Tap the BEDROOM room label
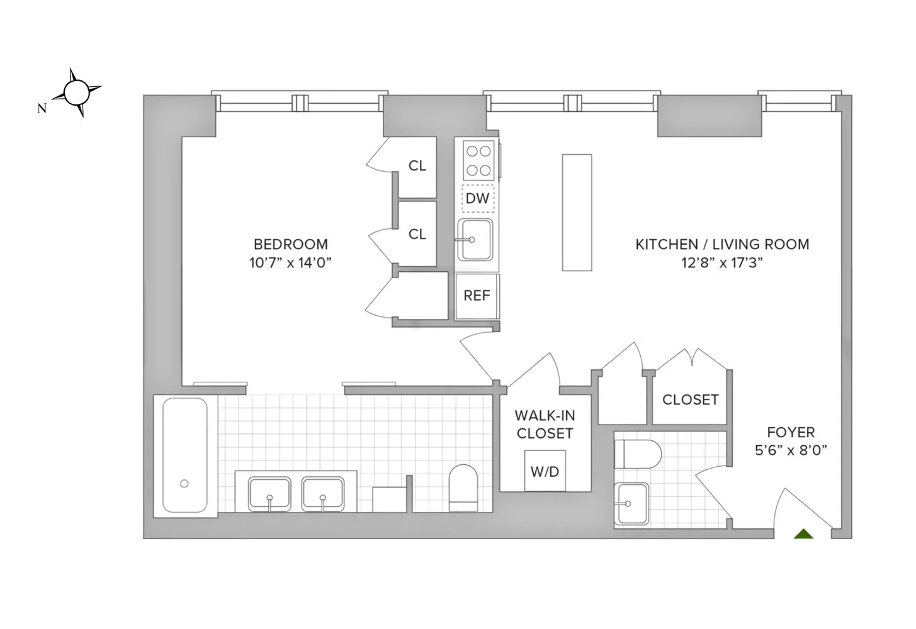click(x=290, y=244)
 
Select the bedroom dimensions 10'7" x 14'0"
click(x=290, y=263)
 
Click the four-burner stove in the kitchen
click(x=478, y=160)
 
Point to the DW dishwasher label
click(x=477, y=199)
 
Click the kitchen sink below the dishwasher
click(x=475, y=240)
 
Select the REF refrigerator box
click(x=477, y=296)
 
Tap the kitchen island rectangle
click(x=577, y=213)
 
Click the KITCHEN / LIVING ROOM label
click(x=721, y=244)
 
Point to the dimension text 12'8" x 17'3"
click(x=721, y=263)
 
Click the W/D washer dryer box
click(x=545, y=471)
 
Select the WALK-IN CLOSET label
click(x=545, y=425)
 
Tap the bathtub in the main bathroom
click(x=184, y=455)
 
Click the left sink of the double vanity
click(x=269, y=494)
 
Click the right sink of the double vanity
click(x=322, y=494)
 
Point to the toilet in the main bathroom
click(x=463, y=488)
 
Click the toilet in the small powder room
click(x=638, y=454)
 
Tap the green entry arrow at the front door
click(x=803, y=534)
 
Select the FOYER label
click(x=791, y=432)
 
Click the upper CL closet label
click(x=417, y=166)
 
